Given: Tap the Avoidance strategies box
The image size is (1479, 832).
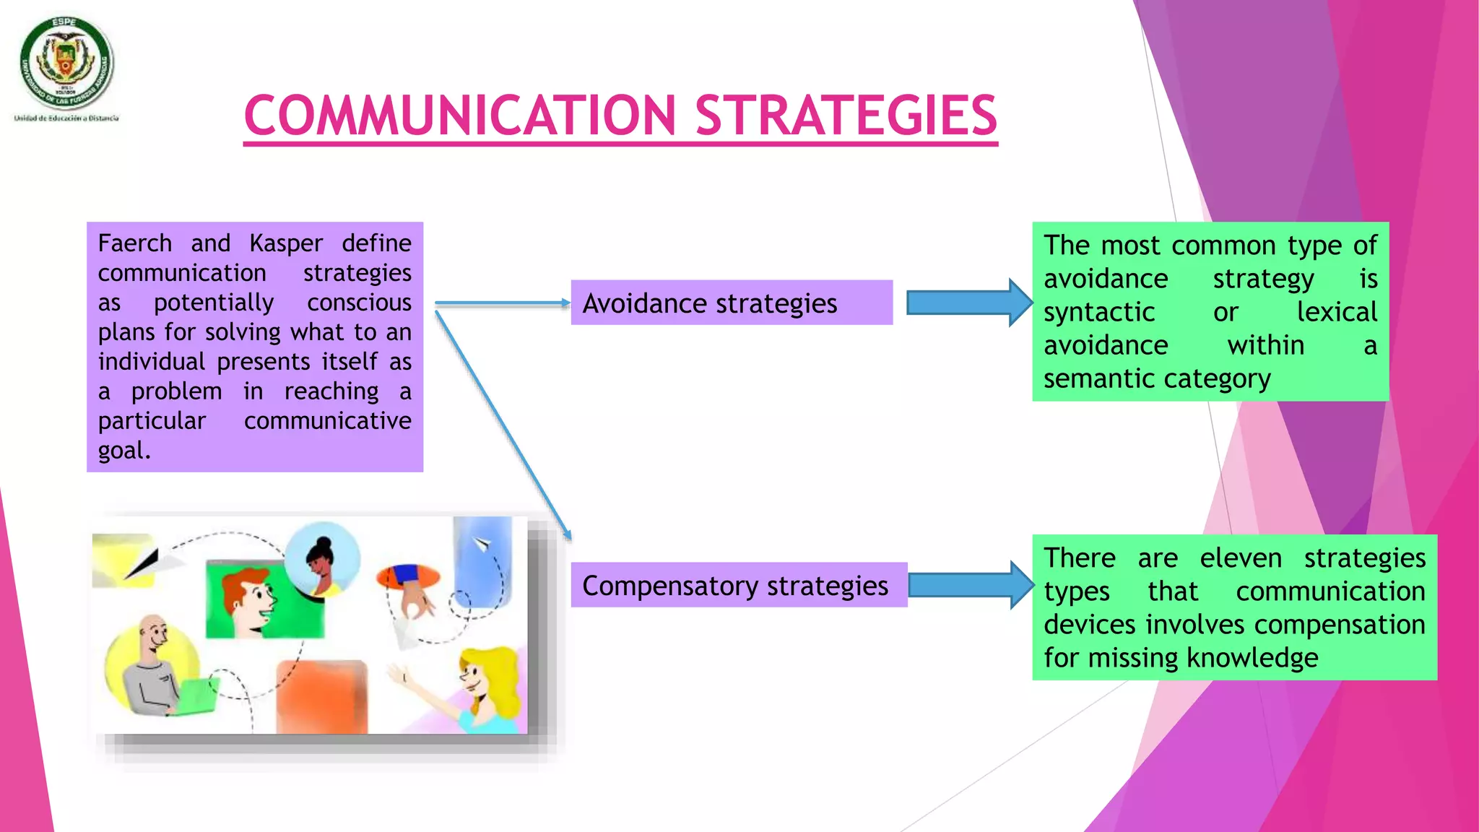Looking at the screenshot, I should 731,303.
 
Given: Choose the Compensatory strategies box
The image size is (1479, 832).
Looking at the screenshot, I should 738,586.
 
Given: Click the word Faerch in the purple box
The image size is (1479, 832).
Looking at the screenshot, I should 135,243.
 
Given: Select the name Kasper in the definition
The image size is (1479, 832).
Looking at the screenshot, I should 286,243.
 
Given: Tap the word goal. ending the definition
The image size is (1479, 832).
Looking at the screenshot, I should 124,451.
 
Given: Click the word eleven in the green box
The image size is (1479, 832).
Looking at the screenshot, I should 1241,558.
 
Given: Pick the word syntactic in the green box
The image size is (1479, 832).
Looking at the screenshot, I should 1099,312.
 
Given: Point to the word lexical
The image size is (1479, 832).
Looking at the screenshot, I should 1337,312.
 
